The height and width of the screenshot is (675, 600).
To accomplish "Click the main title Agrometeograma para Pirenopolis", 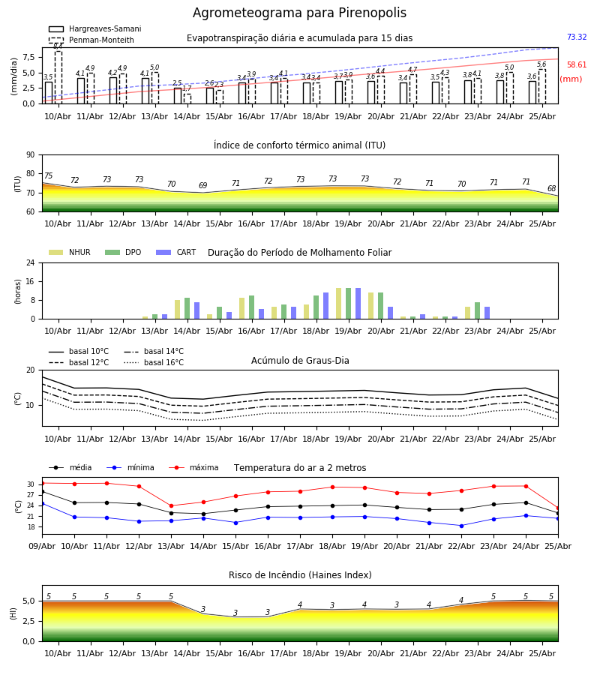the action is pos(299,13).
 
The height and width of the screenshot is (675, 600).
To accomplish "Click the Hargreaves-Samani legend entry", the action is pos(95,28).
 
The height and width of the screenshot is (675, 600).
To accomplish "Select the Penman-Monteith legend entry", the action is pos(91,40).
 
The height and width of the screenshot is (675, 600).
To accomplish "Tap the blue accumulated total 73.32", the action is pos(577,37).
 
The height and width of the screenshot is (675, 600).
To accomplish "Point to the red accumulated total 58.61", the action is pos(577,64).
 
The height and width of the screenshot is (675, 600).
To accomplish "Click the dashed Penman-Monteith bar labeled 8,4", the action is pos(58,77).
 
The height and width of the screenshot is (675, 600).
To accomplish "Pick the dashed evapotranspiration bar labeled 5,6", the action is pos(542,86).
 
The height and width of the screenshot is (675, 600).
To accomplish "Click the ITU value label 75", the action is pos(48,175).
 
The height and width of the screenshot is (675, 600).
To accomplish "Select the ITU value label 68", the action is pos(552,188).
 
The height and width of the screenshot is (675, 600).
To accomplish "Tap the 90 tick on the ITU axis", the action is pos(31,155).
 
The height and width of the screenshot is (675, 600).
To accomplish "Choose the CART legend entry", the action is pos(176,252).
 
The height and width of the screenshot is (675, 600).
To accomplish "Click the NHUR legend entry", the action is pos(70,252).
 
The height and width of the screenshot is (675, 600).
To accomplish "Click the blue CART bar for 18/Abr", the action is pos(325,306).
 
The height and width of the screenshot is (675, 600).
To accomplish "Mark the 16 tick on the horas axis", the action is pos(31,281).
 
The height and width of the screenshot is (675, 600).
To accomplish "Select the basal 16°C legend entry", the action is pos(154,362).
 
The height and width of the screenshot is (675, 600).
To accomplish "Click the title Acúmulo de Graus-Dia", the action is pos(300,361).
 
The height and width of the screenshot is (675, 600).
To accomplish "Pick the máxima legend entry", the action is pos(193,467).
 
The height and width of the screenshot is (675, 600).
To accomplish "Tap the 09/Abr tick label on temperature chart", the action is pos(42,546).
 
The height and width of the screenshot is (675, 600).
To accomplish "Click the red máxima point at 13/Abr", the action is pos(171,505).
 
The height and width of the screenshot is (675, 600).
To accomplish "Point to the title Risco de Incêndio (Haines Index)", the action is pos(300,575).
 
